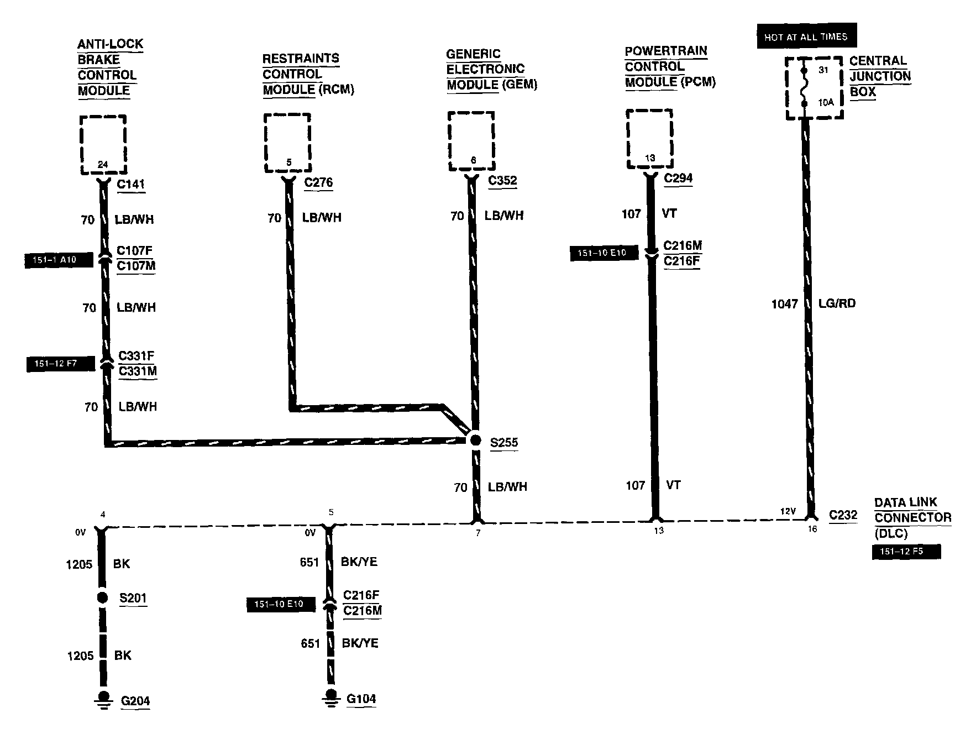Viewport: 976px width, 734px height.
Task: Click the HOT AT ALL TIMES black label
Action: point(806,37)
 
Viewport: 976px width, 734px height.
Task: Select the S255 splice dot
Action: point(475,441)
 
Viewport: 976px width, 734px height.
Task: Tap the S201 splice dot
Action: point(102,597)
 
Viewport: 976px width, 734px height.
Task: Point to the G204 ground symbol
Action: point(103,699)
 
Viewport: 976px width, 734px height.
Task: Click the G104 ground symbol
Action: point(330,697)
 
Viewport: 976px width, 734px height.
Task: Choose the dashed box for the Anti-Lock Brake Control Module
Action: point(103,144)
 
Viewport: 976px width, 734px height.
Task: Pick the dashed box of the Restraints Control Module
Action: point(287,143)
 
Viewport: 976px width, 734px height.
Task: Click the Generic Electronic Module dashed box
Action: point(471,140)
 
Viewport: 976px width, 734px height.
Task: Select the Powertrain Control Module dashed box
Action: point(649,138)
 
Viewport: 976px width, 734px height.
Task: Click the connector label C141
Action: point(131,184)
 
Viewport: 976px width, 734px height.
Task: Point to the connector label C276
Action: point(318,182)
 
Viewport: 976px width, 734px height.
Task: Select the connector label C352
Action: point(502,181)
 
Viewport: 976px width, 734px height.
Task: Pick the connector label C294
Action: point(678,178)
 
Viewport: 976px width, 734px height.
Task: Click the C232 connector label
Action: point(843,515)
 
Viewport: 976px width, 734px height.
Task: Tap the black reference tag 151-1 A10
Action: point(59,260)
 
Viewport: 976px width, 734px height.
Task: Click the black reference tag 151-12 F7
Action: point(60,364)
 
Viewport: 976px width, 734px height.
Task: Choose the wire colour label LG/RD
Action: point(837,303)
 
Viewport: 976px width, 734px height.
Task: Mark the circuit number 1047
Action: point(784,303)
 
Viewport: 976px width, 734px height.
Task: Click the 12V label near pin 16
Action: point(788,511)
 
